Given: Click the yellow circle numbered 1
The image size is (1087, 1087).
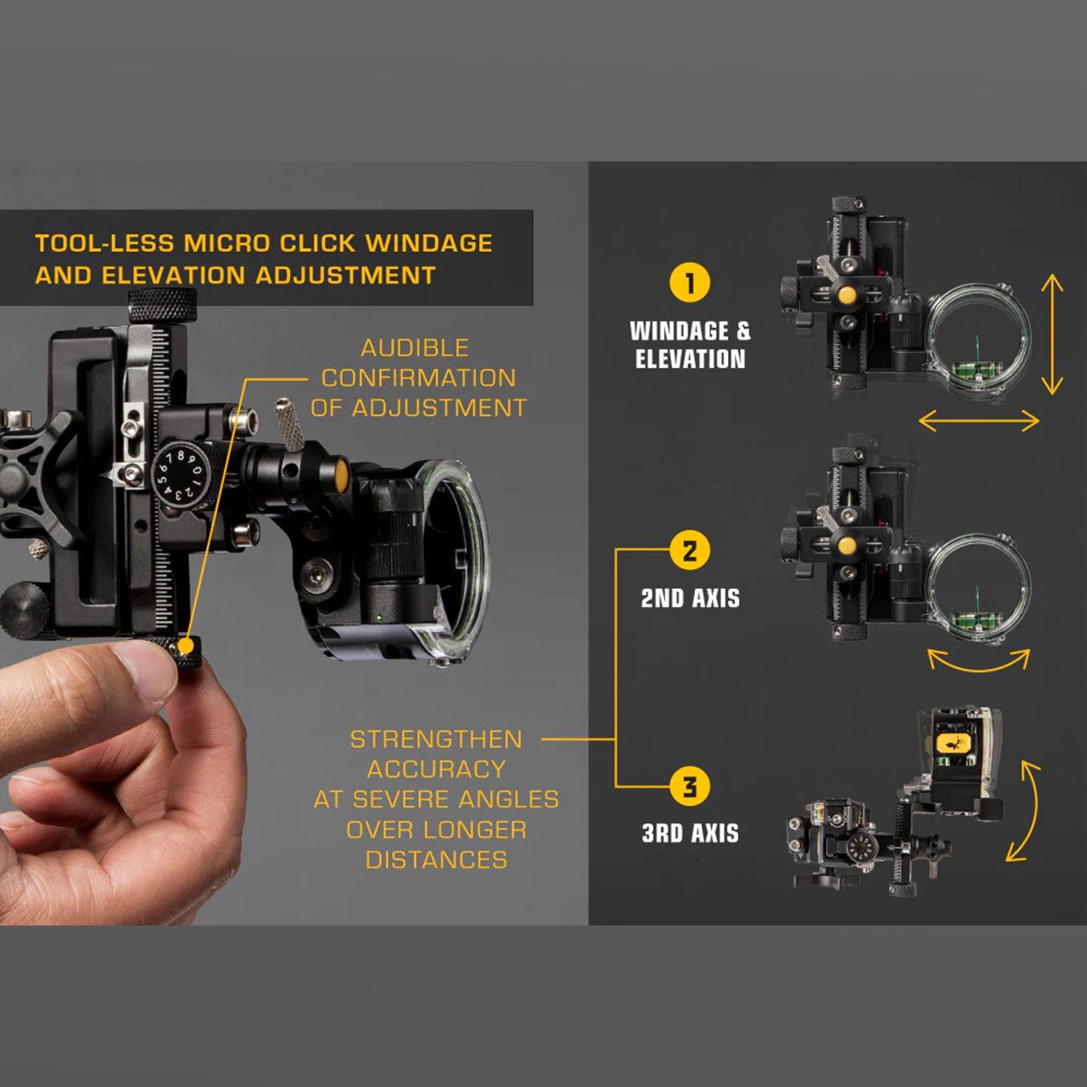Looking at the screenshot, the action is (x=689, y=283).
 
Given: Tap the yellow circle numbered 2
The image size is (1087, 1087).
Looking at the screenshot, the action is (x=689, y=550).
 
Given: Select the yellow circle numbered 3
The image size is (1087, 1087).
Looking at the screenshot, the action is (x=689, y=786).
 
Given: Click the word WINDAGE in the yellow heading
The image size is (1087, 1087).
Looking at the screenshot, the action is (x=429, y=243).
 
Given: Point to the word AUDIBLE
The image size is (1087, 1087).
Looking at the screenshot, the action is (x=414, y=348).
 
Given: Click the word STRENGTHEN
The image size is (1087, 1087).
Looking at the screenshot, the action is (x=436, y=740).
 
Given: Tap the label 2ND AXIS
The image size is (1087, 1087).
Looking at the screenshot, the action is (x=690, y=599).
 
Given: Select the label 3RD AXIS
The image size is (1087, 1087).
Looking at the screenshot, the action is (x=690, y=833).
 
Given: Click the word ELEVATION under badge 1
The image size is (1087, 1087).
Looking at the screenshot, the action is (x=690, y=359).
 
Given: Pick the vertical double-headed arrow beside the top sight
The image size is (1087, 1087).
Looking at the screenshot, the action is (x=1052, y=334).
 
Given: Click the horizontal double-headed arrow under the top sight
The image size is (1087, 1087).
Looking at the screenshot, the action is (x=979, y=421).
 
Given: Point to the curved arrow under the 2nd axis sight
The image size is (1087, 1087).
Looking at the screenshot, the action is (x=979, y=669).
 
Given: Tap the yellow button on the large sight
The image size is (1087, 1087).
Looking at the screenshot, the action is (x=341, y=474).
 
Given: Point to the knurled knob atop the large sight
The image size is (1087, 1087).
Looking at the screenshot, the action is (x=162, y=305).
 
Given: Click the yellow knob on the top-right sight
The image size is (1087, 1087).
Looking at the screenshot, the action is (x=846, y=294).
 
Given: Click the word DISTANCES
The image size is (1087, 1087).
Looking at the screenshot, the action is (x=436, y=860).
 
